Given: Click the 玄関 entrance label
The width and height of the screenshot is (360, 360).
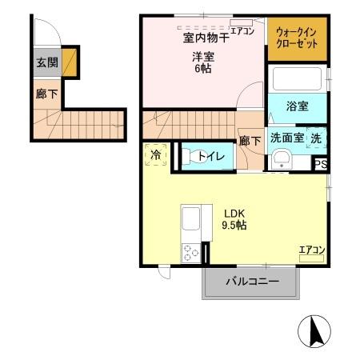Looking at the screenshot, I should point(45,63).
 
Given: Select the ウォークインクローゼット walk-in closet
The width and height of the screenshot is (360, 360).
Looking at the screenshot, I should point(297,38).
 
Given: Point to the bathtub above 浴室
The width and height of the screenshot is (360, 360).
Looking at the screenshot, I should point(296,80).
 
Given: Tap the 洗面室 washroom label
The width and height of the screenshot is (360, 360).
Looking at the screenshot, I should point(286,137).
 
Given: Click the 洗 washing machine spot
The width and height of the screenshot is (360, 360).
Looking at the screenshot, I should point(317,137).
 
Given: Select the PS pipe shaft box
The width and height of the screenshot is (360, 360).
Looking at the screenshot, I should point(320,164).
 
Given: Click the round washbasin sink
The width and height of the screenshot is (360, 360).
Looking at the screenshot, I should point(281,161).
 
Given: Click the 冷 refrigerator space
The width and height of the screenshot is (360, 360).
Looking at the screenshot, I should point(156,154).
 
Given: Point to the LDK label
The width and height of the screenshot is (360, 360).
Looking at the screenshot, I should point(234,213).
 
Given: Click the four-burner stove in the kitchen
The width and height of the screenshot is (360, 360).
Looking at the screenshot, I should point(191,253).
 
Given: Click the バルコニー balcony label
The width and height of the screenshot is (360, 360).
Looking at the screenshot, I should point(251,282).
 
